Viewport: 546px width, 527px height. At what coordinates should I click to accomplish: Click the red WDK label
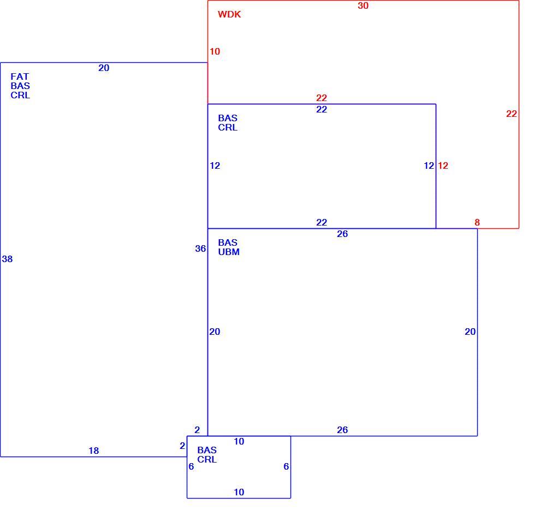pos(229,14)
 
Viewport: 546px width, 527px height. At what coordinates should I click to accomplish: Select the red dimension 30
pos(363,5)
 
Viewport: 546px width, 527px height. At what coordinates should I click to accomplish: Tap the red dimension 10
pos(215,51)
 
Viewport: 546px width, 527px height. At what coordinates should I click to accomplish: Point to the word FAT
pos(20,76)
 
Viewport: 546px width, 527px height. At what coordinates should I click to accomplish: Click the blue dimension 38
pos(7,259)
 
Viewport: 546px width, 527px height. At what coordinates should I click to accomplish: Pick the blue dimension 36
pos(200,248)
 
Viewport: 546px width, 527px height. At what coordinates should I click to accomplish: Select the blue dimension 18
pos(94,451)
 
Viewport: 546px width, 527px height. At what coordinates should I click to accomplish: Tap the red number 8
pos(477,222)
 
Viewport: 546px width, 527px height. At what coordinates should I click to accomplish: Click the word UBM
pos(229,252)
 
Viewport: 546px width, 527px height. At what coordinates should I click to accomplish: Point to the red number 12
pos(443,165)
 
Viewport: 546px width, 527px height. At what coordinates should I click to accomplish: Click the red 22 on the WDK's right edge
pos(511,114)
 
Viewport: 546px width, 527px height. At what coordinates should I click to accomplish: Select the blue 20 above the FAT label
pos(104,68)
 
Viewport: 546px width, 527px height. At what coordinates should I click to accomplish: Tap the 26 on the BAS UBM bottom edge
pos(342,430)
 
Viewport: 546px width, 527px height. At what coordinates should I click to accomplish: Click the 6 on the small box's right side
pos(286,466)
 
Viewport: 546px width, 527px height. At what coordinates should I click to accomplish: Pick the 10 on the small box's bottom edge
pos(239,492)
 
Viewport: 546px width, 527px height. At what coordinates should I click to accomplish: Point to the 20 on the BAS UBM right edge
pos(470,331)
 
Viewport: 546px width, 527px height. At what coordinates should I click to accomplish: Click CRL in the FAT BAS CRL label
pos(20,95)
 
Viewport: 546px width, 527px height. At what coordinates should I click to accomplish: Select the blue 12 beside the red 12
pos(429,165)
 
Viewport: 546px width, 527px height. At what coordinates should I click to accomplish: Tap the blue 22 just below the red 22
pos(322,109)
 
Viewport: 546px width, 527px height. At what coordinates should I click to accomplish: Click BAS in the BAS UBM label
pos(228,242)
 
